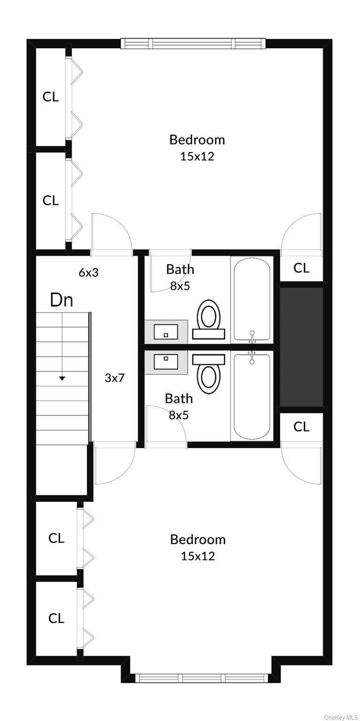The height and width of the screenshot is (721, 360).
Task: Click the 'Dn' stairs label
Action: point(61,299)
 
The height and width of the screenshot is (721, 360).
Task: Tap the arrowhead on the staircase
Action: point(62,378)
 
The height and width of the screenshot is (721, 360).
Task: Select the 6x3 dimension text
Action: point(88,273)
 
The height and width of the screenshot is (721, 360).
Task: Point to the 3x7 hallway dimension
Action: point(115,377)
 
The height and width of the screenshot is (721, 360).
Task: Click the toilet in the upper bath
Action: point(208,319)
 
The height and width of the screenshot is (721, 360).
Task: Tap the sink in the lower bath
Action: point(166,361)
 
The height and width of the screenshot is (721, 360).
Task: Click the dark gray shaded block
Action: point(301,347)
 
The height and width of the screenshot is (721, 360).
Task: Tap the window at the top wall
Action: point(193,44)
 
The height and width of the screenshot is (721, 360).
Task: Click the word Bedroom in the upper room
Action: point(197,139)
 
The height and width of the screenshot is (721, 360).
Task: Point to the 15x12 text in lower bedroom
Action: point(198,556)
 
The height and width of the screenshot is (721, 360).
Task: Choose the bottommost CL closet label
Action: point(56,618)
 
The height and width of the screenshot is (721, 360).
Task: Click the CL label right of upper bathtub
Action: point(301,268)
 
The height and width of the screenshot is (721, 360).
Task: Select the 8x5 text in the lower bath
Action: point(178,415)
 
